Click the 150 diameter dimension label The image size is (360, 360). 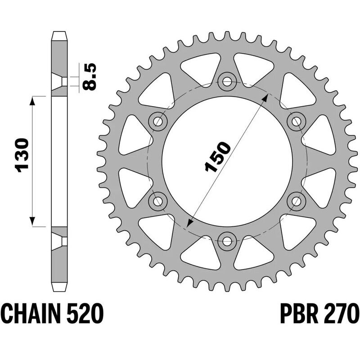[x=217, y=157]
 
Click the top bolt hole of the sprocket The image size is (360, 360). [x=226, y=81]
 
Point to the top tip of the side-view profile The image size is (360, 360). [x=60, y=32]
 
